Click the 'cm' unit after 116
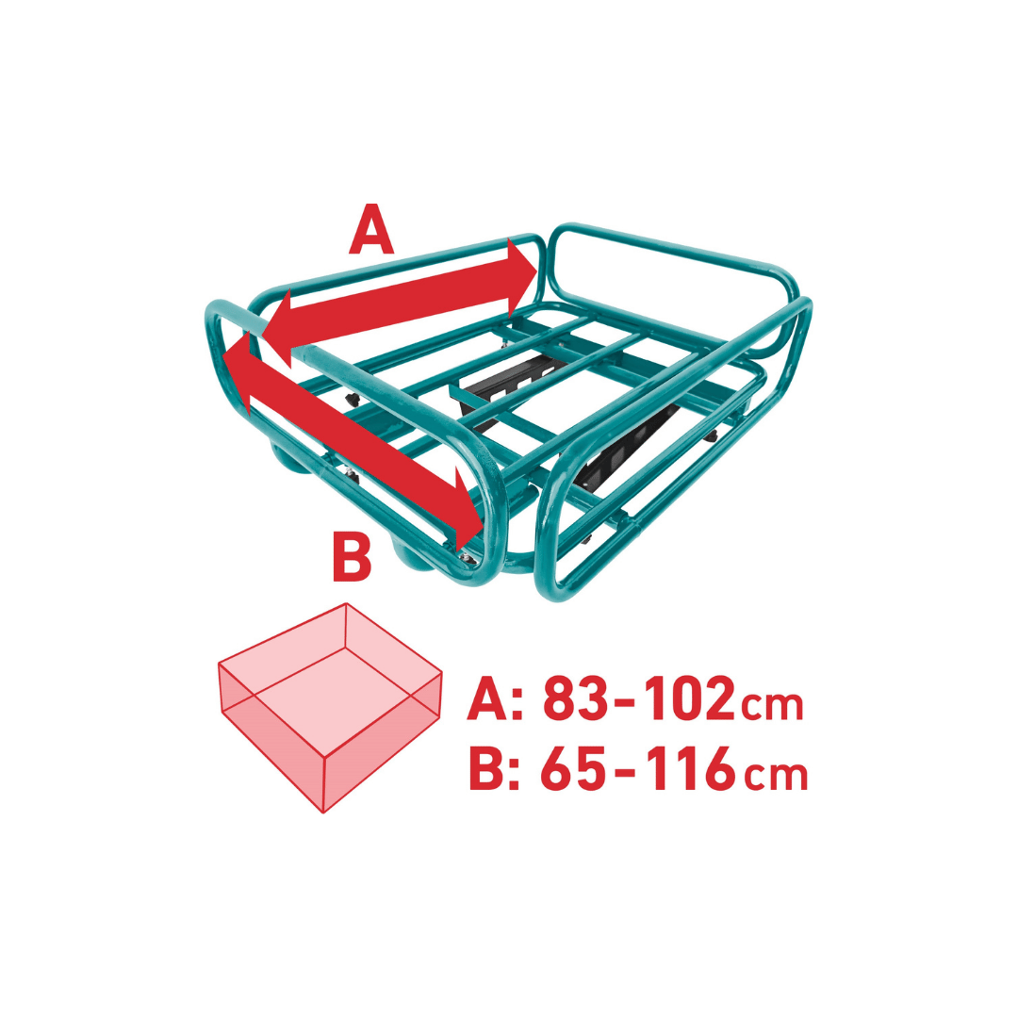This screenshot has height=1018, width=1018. click(777, 775)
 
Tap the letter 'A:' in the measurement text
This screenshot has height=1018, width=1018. click(495, 698)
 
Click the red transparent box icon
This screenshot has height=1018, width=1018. click(330, 708)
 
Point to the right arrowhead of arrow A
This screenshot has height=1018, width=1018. click(522, 275)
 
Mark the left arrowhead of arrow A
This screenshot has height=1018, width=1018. click(276, 329)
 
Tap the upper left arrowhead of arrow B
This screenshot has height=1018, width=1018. click(237, 372)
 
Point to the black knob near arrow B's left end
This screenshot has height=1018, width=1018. click(352, 399)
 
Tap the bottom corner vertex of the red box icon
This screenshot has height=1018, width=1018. click(322, 813)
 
